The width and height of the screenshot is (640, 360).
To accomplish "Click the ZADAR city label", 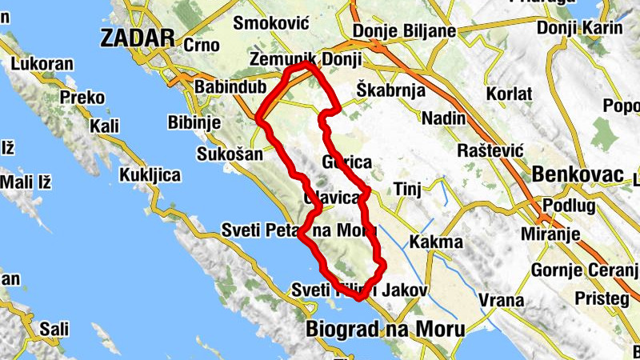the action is (138, 37).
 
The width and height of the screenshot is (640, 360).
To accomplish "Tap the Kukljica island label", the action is (150, 174).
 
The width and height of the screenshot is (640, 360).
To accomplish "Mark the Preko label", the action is (83, 98).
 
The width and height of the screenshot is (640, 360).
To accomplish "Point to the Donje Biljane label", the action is (404, 31).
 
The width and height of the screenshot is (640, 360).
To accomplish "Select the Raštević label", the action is (490, 150).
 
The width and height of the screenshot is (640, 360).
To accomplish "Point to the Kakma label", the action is (436, 242).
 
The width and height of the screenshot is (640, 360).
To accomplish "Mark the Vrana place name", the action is (501, 301).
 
